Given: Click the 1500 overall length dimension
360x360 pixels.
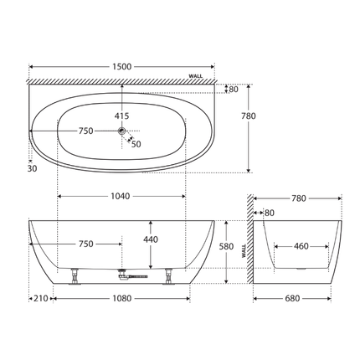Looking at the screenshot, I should point(122,64).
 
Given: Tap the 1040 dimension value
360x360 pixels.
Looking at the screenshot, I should point(120,196).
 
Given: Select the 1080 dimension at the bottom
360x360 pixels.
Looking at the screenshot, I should point(122,297).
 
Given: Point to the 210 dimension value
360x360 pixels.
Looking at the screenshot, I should point(39,297).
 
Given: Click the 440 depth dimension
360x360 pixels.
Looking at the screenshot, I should point(149,239).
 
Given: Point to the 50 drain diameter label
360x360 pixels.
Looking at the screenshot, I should point(136,144).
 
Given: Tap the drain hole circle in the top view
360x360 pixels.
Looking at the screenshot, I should point(123,131).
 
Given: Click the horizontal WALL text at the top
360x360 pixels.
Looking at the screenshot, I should point(196,75).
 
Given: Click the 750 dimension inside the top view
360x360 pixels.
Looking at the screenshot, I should point(85,131).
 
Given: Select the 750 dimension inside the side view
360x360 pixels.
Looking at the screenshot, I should point(85,244).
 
